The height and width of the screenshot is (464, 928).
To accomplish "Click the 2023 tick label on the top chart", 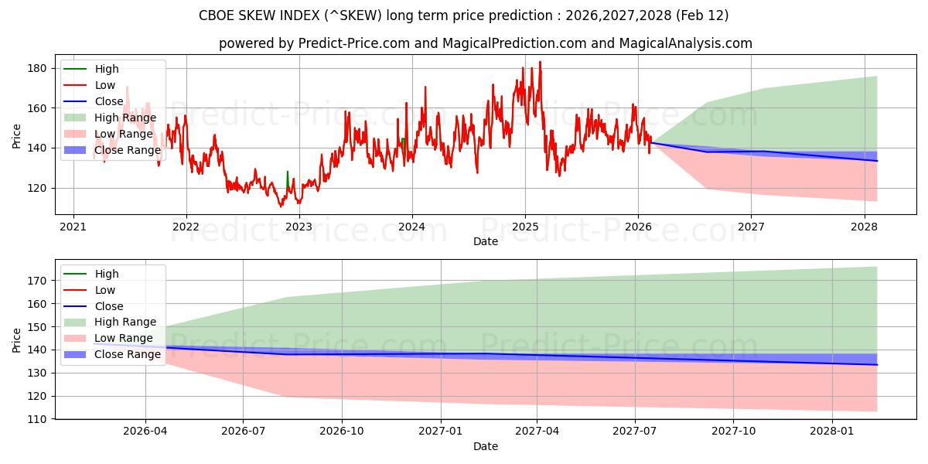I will pyautogui.click(x=299, y=227).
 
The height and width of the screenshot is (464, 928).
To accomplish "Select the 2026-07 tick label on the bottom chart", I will pyautogui.click(x=243, y=432).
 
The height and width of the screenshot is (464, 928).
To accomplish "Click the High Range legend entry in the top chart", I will pyautogui.click(x=125, y=118).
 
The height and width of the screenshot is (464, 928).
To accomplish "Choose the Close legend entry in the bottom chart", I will pyautogui.click(x=108, y=306).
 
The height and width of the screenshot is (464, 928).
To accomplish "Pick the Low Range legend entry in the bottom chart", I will pyautogui.click(x=124, y=338).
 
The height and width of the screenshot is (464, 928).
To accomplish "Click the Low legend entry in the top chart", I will pyautogui.click(x=105, y=85).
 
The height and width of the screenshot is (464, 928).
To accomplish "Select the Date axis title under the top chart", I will pyautogui.click(x=485, y=242).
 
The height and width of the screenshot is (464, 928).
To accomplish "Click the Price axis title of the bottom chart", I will pyautogui.click(x=17, y=339).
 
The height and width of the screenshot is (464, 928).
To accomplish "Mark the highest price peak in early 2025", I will pyautogui.click(x=540, y=62).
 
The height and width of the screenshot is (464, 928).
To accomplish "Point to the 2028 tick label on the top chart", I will pyautogui.click(x=864, y=227).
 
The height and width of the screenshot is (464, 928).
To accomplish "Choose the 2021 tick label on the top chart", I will pyautogui.click(x=73, y=227).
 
